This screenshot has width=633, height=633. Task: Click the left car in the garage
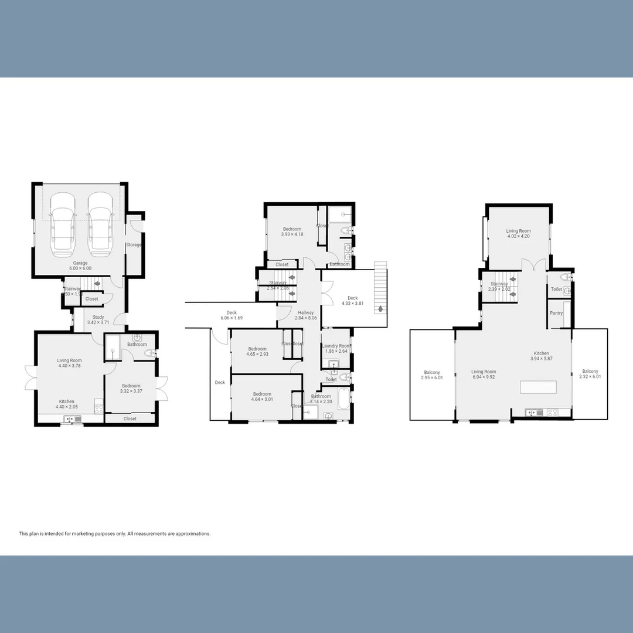coord(63,226)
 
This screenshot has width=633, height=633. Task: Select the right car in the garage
coord(100,226)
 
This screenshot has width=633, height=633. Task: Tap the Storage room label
coord(134,244)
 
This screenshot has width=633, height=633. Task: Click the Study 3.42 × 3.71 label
coord(98,320)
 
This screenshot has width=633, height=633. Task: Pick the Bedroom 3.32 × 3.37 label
coord(131,389)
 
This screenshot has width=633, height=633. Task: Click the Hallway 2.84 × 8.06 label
coord(305,315)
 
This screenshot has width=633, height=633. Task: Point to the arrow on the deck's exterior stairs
coord(382,309)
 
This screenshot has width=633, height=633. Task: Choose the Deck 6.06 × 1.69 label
coord(231,315)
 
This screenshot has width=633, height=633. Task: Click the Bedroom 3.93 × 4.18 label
coord(292,232)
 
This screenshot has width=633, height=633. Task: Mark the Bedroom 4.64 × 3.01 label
coord(262,397)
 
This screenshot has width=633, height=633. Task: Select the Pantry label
coord(556,313)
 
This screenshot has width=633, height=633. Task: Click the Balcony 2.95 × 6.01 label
coord(432,375)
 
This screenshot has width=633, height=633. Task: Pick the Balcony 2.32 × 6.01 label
coord(590,374)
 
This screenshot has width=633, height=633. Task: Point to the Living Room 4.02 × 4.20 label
coord(518,234)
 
